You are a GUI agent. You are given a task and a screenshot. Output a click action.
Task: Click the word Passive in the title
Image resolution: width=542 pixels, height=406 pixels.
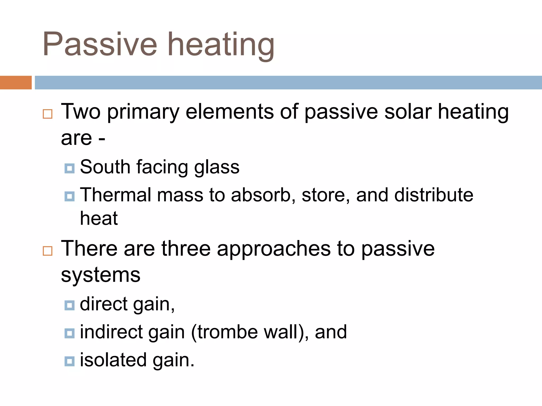100,44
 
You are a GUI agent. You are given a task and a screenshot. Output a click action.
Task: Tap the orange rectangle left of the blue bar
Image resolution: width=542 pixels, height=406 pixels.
16,82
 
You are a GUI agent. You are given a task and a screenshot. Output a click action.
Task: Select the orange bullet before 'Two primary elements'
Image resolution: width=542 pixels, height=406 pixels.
48,114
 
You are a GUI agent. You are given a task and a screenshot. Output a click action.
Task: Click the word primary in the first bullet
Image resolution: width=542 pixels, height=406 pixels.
143,112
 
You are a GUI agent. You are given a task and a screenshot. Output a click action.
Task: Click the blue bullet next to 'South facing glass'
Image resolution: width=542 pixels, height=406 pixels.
70,168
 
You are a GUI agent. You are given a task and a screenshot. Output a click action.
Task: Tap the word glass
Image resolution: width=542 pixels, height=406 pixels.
217,168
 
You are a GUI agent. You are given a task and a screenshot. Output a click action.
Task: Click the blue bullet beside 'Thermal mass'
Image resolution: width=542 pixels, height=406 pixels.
70,196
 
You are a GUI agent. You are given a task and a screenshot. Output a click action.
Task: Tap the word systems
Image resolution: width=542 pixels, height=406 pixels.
101,275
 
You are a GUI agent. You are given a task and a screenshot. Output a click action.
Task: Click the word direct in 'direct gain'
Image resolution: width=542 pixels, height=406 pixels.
104,304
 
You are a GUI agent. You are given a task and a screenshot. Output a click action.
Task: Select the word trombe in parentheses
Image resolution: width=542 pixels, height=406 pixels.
228,332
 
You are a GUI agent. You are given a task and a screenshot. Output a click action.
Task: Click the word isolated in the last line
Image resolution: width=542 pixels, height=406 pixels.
113,360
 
